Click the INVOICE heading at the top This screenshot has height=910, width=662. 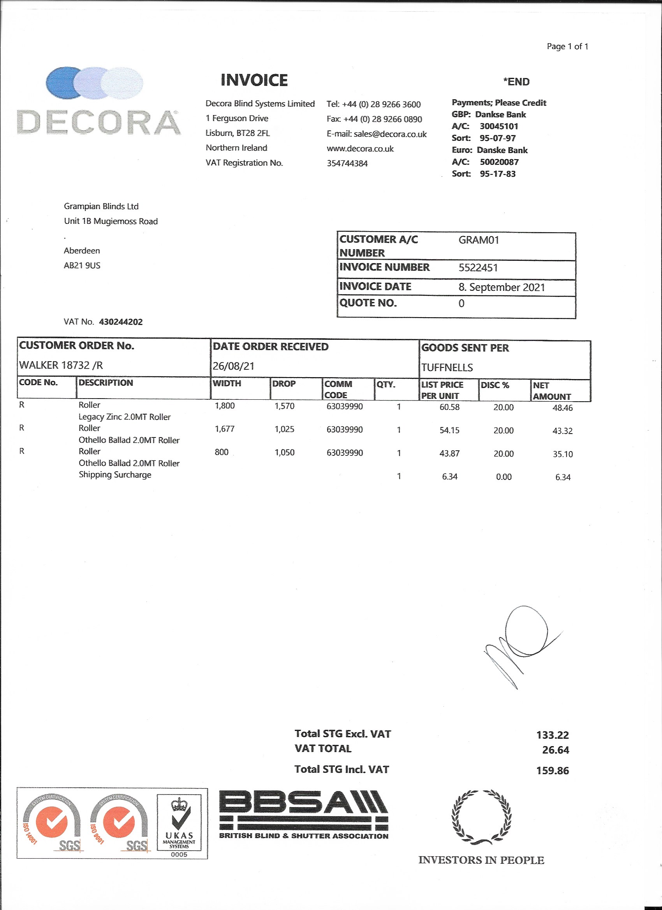pos(254,80)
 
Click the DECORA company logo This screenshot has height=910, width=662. pos(99,101)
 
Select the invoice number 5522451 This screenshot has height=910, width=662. pos(478,268)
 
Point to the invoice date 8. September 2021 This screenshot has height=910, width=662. pos(502,287)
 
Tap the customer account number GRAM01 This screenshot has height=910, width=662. pos(479,240)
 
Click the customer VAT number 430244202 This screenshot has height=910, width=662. pos(120,322)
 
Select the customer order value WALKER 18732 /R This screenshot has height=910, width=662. pos(61,365)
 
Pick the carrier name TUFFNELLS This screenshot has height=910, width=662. pos(447,367)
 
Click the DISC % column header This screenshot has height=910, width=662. pos(495,385)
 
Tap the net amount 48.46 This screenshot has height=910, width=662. pos(562,408)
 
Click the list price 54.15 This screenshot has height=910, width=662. pos(449,430)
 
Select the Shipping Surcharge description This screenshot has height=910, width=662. pos(115,475)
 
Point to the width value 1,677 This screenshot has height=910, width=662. pos(224,429)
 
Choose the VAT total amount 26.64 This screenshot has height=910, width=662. pos(555,750)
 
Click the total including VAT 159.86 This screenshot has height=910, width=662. pos(553,770)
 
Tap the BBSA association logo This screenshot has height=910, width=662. pos(303,815)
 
